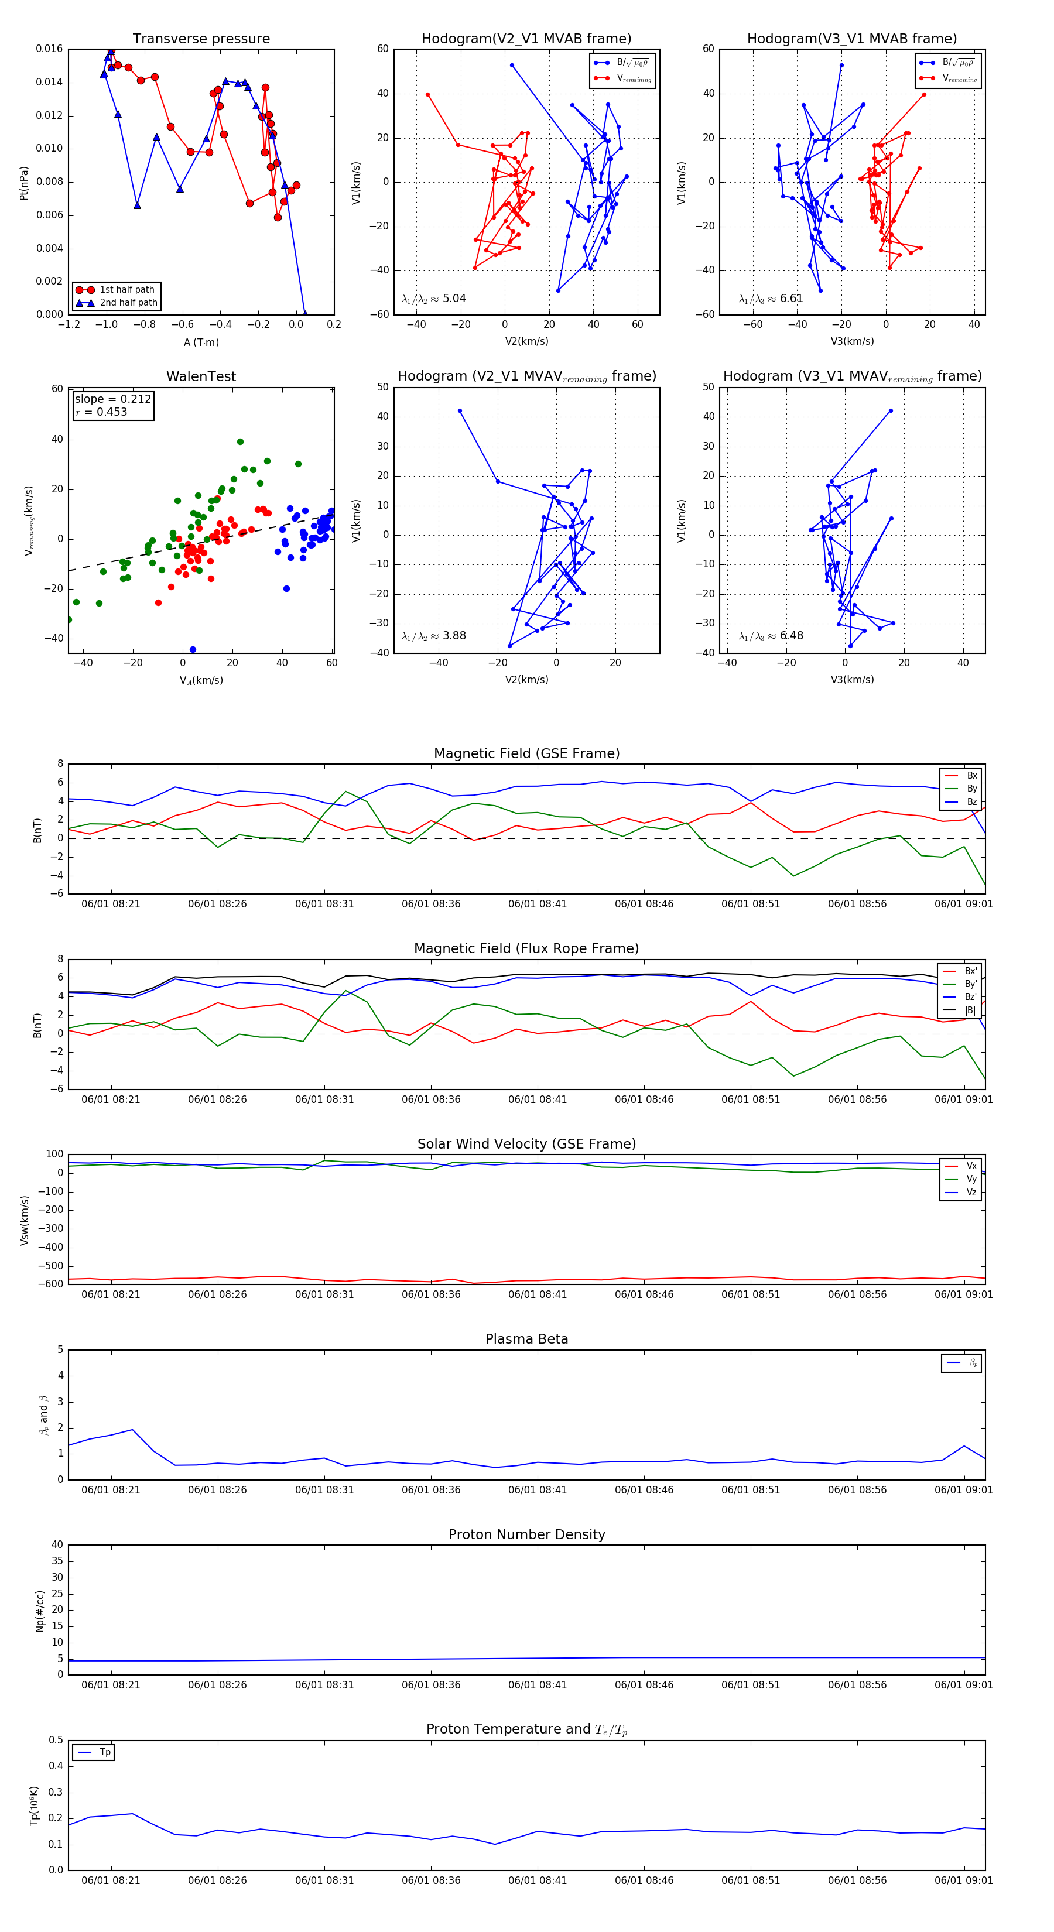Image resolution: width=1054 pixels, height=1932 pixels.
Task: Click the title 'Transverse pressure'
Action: pyautogui.click(x=201, y=39)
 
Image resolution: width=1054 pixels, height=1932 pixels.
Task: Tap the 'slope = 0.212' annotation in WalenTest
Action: pyautogui.click(x=112, y=399)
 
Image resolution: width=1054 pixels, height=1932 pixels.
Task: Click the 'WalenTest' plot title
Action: pyautogui.click(x=201, y=376)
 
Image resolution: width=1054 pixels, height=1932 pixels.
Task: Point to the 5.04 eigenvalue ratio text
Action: pyautogui.click(x=454, y=299)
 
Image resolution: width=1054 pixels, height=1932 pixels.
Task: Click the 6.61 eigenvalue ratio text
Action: pyautogui.click(x=792, y=299)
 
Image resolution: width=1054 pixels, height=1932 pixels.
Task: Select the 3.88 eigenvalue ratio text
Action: pyautogui.click(x=454, y=636)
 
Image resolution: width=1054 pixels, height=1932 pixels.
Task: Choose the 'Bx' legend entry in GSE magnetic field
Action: pyautogui.click(x=971, y=776)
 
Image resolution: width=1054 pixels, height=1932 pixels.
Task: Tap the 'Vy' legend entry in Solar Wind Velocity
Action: pyautogui.click(x=971, y=1179)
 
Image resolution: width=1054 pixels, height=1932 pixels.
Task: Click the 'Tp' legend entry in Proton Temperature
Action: pyautogui.click(x=105, y=1752)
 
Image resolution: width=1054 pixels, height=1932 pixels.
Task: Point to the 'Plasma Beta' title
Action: pyautogui.click(x=526, y=1339)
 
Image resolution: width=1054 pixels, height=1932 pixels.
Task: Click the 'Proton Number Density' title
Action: pyautogui.click(x=526, y=1534)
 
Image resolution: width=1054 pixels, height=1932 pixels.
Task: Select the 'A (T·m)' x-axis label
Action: pyautogui.click(x=201, y=342)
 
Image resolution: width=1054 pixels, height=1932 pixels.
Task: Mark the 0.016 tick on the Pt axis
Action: pyautogui.click(x=50, y=49)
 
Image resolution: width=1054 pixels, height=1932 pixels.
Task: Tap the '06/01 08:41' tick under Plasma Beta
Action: pyautogui.click(x=537, y=1489)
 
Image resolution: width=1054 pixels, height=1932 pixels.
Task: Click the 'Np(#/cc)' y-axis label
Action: pyautogui.click(x=40, y=1611)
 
